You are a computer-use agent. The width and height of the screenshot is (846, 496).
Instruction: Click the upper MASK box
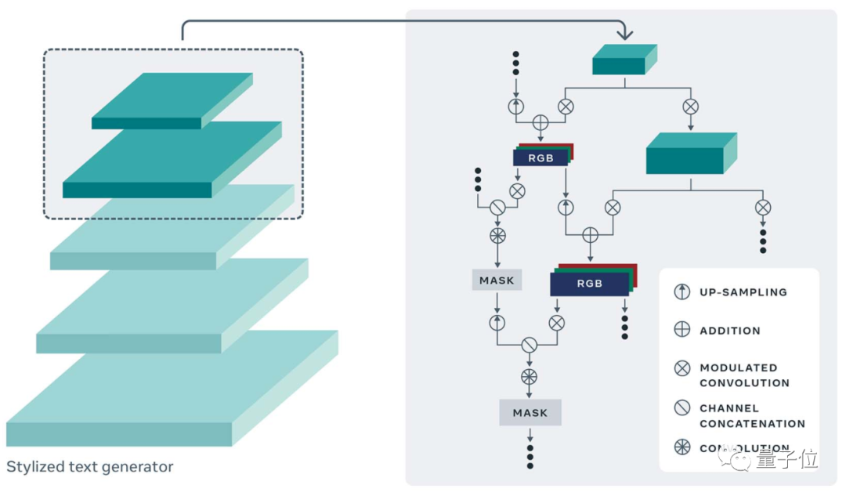point(497,280)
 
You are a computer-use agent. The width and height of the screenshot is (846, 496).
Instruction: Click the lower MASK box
point(530,413)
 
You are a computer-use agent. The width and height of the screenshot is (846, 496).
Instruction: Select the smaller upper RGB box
point(540,157)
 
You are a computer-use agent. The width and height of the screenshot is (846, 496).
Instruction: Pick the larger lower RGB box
point(589,284)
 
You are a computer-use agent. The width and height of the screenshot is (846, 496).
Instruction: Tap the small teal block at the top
point(624,61)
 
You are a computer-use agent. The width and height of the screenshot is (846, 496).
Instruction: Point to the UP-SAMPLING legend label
point(743,292)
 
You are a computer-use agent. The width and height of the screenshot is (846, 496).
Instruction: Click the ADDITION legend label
point(729,331)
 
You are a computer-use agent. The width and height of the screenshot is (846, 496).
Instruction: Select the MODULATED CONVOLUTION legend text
point(743,375)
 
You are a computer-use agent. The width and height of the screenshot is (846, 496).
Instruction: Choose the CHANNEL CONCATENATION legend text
point(751,416)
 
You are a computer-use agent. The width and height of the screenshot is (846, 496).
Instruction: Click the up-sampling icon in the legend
point(682,292)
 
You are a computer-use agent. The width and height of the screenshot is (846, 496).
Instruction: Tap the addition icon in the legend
point(682,330)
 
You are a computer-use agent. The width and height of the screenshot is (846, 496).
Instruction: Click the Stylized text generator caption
point(89,467)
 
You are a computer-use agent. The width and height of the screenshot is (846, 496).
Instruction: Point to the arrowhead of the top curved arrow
point(624,36)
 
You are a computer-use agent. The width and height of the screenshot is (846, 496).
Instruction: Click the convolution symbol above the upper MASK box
point(497,236)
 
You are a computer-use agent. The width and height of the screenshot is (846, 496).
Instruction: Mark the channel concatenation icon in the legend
point(682,408)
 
